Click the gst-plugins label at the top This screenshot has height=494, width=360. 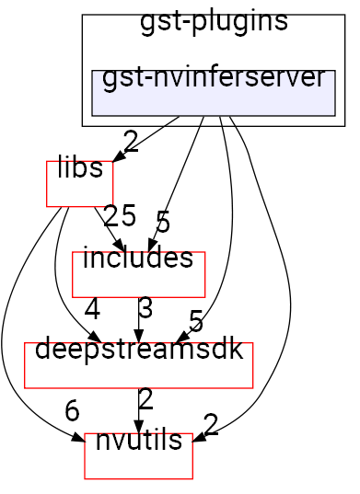214,23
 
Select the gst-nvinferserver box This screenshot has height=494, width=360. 213,92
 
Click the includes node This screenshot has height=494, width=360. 138,274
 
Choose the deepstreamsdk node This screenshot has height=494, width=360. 138,365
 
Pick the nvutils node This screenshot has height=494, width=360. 138,455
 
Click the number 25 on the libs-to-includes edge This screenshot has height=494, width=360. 120,215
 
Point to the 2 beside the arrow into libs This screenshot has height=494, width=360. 130,142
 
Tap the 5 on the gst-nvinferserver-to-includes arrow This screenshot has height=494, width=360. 162,222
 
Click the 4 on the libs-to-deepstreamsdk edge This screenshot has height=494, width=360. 91,308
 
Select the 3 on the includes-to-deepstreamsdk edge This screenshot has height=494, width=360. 145,308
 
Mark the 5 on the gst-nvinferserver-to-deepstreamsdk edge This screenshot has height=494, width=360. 195,321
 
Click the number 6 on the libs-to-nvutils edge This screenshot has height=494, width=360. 72,411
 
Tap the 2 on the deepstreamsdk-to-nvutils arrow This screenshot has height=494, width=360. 145,399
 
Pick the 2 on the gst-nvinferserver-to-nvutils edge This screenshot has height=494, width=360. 211,424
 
